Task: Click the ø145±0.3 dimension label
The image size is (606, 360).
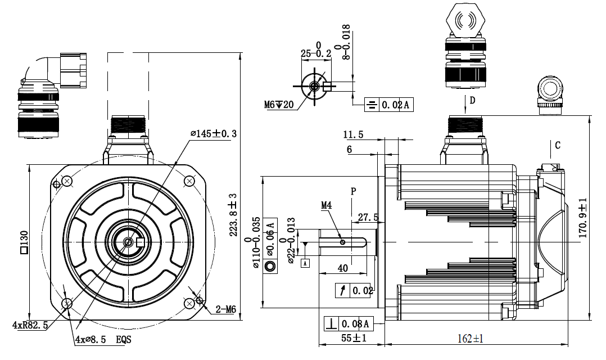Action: coord(214,134)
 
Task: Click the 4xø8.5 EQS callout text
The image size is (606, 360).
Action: coord(103,340)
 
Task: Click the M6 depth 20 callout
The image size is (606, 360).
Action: coord(279,105)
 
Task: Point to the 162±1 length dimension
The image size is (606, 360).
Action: coord(470,339)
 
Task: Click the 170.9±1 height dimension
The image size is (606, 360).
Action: coord(583,217)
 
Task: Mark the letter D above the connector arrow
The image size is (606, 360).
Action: coord(473,101)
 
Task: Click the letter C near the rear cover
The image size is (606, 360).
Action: coord(558,145)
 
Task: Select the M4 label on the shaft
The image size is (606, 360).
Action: coord(327,206)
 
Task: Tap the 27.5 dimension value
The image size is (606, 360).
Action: coord(368,217)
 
